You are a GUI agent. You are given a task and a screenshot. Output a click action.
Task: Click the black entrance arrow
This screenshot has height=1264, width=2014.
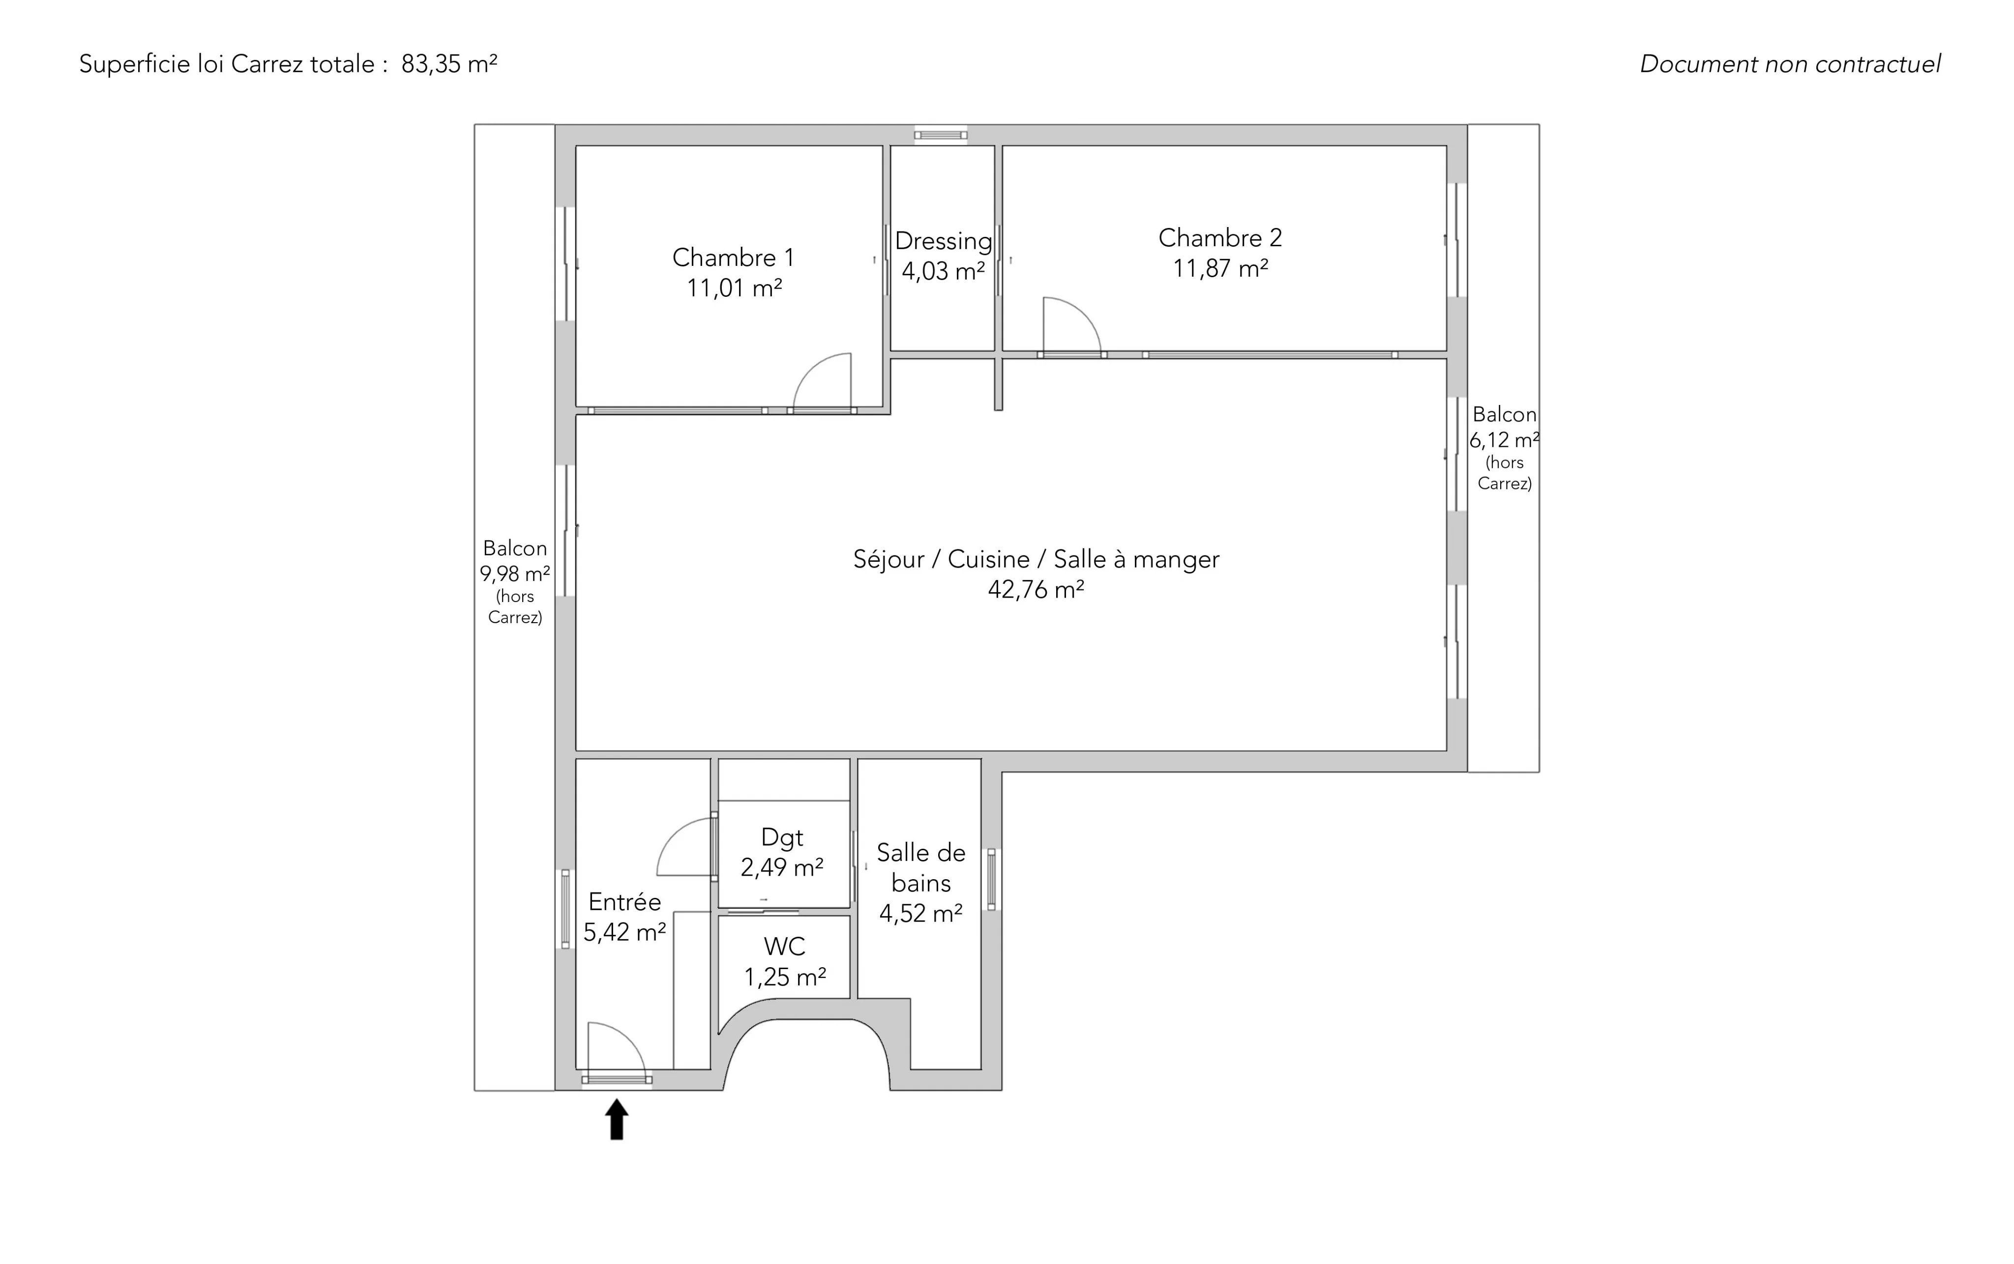point(617,1120)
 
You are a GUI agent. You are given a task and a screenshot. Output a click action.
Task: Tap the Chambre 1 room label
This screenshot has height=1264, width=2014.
point(734,258)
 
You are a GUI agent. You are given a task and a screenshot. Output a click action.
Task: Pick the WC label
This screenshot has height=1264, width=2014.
point(785,947)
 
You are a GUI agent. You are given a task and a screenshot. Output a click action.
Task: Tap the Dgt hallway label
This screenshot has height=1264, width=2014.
point(782,837)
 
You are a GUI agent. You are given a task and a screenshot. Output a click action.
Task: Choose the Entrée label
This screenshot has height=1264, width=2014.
point(625,902)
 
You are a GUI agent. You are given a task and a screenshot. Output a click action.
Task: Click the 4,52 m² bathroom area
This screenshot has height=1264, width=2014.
point(921,914)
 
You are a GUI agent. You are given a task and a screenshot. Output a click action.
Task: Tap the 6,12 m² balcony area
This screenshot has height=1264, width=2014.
point(1505,440)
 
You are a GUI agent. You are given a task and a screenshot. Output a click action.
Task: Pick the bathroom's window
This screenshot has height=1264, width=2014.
point(992,880)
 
